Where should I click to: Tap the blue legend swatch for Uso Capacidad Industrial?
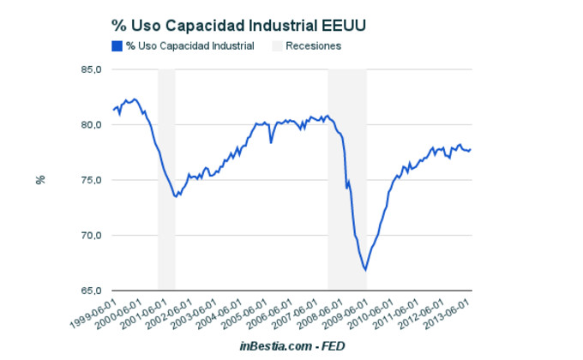(x=117, y=45)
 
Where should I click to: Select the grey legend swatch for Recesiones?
(x=277, y=45)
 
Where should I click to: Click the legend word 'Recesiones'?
(x=314, y=45)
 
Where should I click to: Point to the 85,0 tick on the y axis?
(x=90, y=69)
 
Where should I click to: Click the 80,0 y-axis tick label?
(x=90, y=125)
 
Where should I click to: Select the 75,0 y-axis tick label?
(x=90, y=180)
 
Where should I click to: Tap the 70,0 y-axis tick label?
(x=90, y=236)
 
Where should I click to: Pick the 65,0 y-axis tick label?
(x=90, y=291)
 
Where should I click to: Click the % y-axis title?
(x=39, y=180)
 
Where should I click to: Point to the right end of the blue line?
(x=470, y=150)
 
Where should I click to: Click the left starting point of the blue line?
(x=113, y=110)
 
